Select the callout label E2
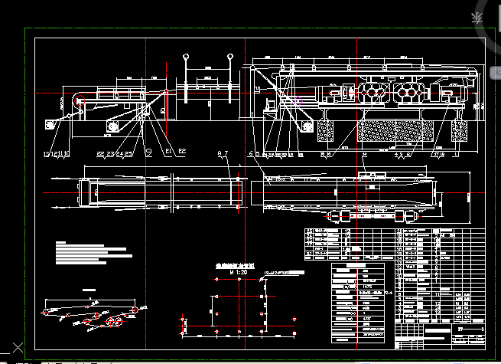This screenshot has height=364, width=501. pos(183,152)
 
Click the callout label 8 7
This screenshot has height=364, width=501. pos(223,154)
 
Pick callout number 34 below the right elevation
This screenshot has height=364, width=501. pos(365,154)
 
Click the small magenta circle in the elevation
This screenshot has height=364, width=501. pos(298,100)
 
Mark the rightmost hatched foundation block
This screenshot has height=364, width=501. pos(460,130)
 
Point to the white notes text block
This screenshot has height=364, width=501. pos(90,254)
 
